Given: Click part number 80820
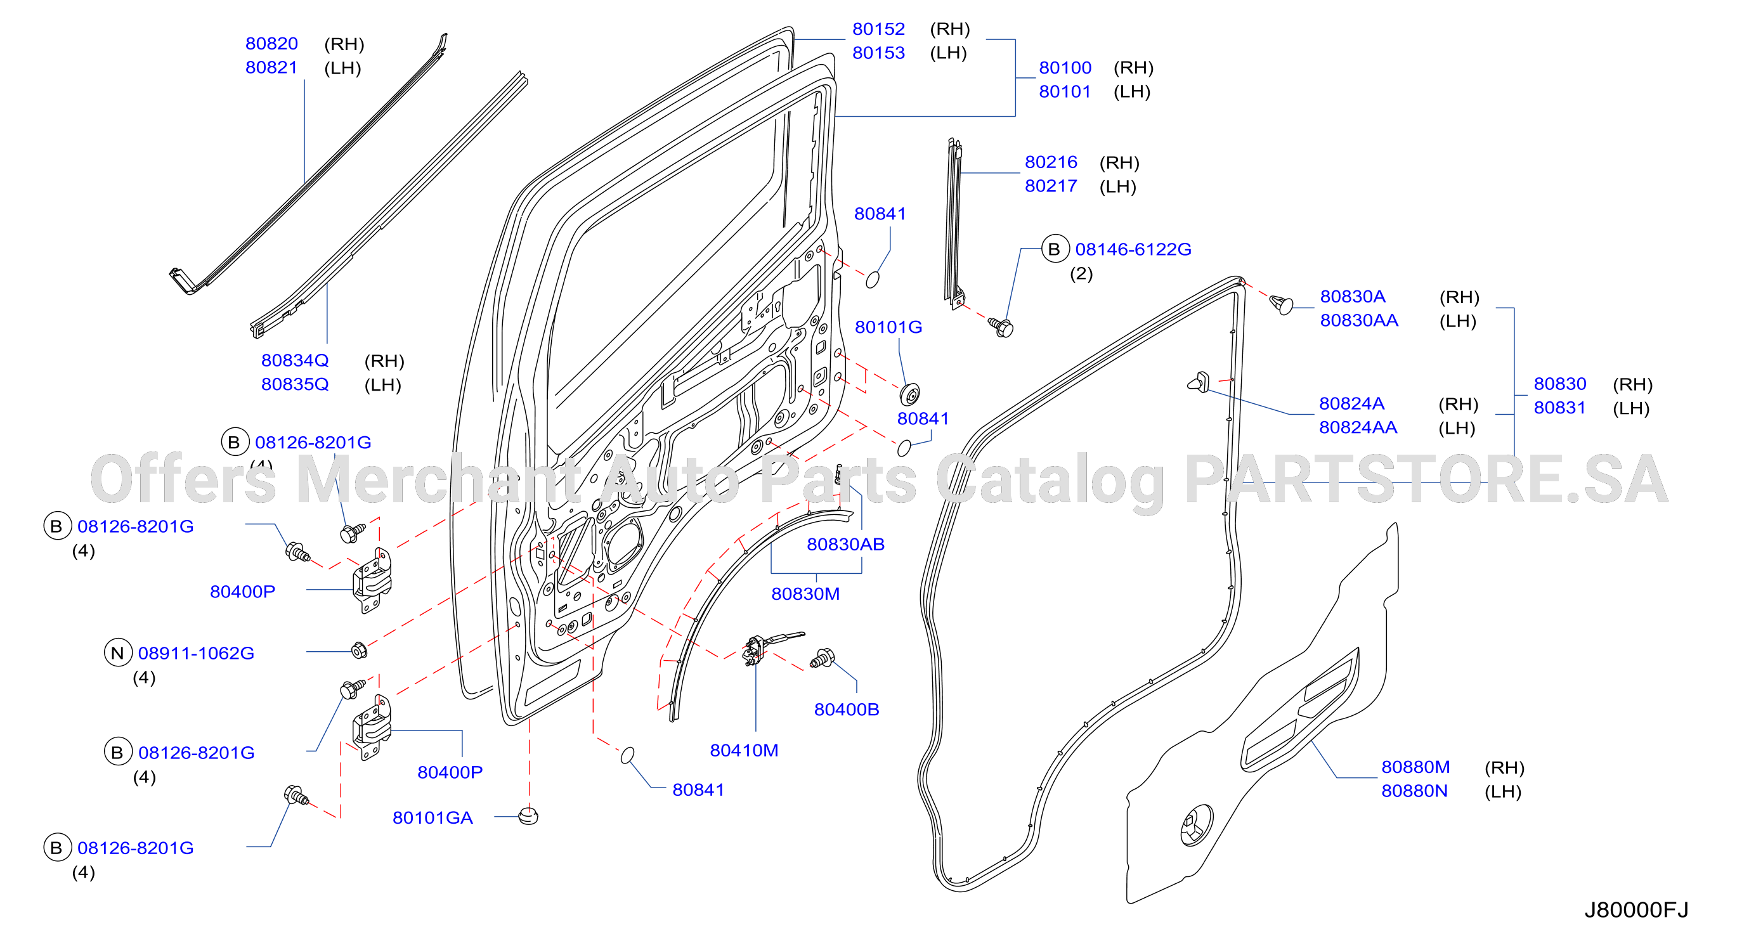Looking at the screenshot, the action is pyautogui.click(x=271, y=44).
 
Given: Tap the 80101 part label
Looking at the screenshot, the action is pyautogui.click(x=1065, y=91).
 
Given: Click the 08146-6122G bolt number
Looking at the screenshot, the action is pyautogui.click(x=1133, y=249).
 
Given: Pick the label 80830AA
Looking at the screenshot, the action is pyautogui.click(x=1358, y=320).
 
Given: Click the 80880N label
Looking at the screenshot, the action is pyautogui.click(x=1414, y=791).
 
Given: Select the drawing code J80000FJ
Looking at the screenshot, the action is pyautogui.click(x=1636, y=910).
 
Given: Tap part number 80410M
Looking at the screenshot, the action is pyautogui.click(x=744, y=750).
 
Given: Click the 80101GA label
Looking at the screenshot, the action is pyautogui.click(x=432, y=818).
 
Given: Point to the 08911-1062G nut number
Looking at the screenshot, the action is pyautogui.click(x=196, y=652).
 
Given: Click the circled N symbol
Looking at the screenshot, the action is pyautogui.click(x=117, y=652).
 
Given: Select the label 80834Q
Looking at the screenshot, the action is pyautogui.click(x=294, y=360).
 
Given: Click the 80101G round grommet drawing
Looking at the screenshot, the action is pyautogui.click(x=909, y=394).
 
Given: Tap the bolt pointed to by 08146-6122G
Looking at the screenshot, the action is pyautogui.click(x=1001, y=327).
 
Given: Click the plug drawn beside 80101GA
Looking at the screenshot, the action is pyautogui.click(x=528, y=815).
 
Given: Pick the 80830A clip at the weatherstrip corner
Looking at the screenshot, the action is pyautogui.click(x=1282, y=304).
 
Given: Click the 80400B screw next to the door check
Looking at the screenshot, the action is pyautogui.click(x=822, y=658).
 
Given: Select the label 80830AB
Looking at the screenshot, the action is pyautogui.click(x=845, y=545).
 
